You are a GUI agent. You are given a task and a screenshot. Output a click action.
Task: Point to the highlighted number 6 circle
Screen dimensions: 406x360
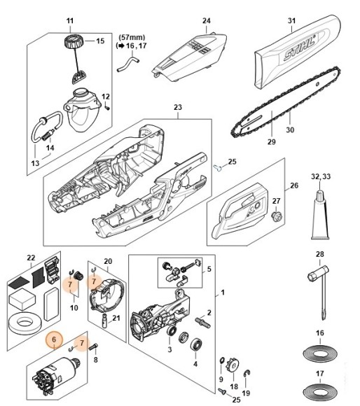click(x=52, y=341)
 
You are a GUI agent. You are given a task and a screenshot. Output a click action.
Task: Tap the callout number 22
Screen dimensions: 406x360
click(x=30, y=258)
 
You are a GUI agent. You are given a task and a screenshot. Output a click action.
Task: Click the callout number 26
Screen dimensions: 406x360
click(x=294, y=185)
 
